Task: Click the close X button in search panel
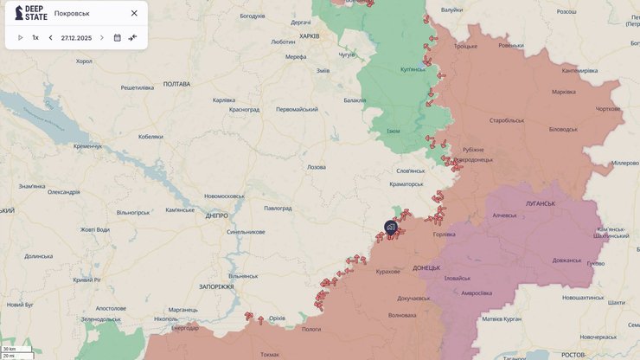coord(134,13)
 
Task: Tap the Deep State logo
coord(31,13)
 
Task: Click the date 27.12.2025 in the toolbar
coord(76,38)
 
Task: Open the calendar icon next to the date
coord(118,38)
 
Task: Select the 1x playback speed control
coord(35,38)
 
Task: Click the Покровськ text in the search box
coord(72,13)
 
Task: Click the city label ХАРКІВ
coord(309,36)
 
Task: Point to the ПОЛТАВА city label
coord(176,84)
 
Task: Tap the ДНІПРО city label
coord(217,215)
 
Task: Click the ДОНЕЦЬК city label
coord(426,267)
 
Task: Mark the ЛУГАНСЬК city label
coord(539,203)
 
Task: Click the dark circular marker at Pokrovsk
coord(391,228)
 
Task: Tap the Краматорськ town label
coord(406,183)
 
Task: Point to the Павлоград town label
coord(278,209)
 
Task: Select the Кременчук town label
coord(87,146)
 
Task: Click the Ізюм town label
coord(394,131)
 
